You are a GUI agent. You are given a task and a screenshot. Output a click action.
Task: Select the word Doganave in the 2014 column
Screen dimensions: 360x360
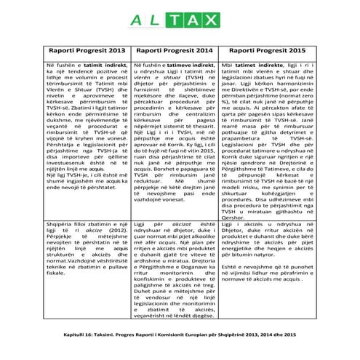point(191,258)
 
